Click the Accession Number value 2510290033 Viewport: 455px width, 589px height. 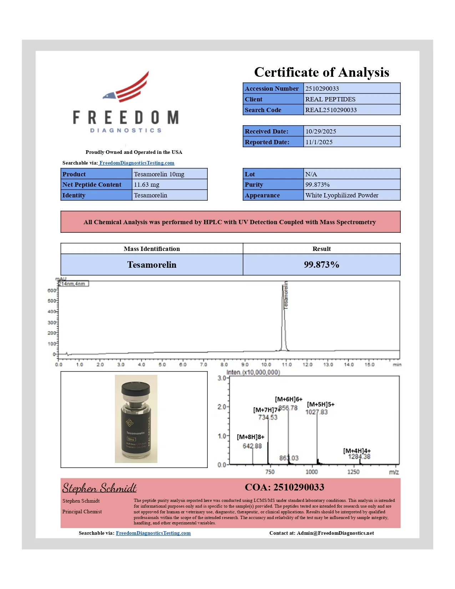click(322, 89)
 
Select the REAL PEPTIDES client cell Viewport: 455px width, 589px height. click(330, 99)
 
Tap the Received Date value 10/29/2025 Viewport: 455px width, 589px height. click(320, 131)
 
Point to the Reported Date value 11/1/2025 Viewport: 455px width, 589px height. click(319, 142)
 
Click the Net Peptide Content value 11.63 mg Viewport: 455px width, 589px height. click(146, 185)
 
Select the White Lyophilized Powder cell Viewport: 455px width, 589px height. click(342, 195)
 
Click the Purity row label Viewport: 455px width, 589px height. click(254, 185)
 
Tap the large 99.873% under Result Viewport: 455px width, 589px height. click(321, 265)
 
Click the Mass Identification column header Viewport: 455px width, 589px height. click(152, 249)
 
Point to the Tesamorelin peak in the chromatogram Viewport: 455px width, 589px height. click(284, 314)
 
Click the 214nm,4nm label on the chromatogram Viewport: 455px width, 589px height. click(73, 284)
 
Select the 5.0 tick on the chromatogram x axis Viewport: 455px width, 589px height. click(162, 364)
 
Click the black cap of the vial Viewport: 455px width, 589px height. click(136, 392)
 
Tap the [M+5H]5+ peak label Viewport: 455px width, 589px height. click(320, 404)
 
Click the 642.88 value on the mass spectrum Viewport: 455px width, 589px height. click(252, 446)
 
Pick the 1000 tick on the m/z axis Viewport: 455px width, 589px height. click(312, 472)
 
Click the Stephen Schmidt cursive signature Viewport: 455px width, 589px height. click(99, 488)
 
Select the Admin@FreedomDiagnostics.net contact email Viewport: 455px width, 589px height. click(335, 533)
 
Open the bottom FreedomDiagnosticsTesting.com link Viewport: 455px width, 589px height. click(153, 533)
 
